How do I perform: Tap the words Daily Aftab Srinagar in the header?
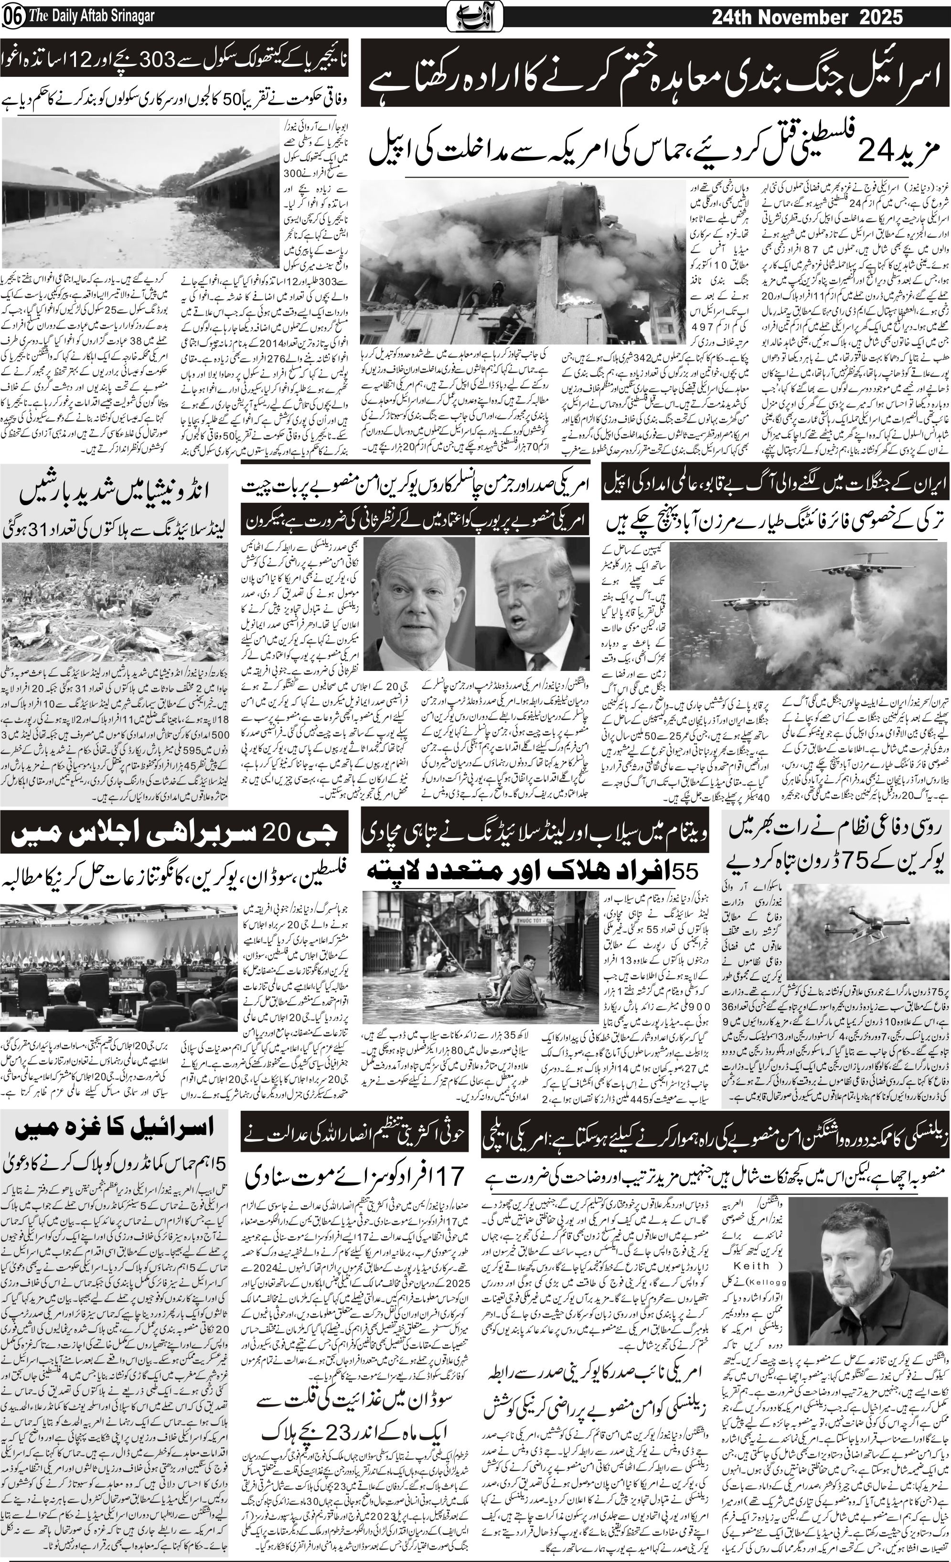(96, 17)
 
